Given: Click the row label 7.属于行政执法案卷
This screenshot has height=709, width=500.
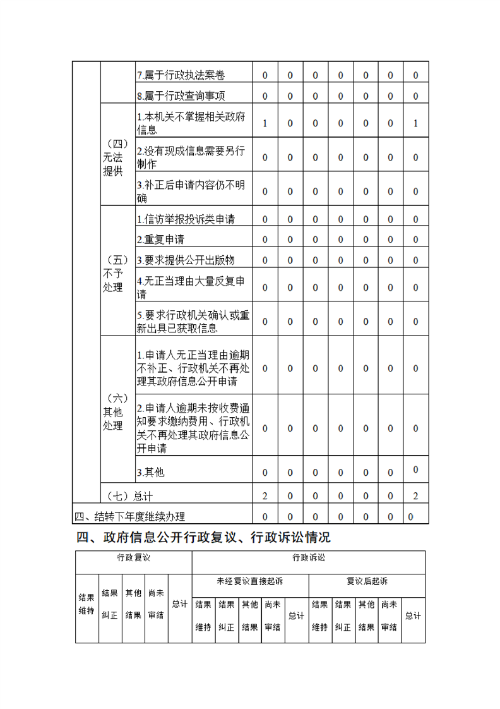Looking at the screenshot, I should [x=181, y=75].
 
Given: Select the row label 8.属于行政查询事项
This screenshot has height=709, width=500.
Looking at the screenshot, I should [x=181, y=96].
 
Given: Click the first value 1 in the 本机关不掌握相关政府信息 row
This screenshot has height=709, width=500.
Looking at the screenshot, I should [x=265, y=123].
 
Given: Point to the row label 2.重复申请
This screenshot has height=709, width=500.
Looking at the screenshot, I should [x=161, y=239].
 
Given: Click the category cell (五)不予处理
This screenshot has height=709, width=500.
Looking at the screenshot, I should [x=116, y=274].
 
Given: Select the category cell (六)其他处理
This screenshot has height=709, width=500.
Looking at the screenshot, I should [x=116, y=412].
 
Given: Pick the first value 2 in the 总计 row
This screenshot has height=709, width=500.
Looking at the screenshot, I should [x=265, y=496].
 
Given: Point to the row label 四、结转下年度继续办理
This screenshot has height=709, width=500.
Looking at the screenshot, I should [x=130, y=516].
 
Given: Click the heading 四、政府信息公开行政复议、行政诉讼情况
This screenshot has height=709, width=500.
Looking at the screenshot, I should [x=203, y=538].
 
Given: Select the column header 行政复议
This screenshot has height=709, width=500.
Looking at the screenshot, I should [x=133, y=558].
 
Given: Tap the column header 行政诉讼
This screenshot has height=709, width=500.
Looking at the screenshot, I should [x=308, y=558].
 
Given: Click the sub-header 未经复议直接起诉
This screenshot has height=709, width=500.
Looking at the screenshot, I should [x=250, y=581].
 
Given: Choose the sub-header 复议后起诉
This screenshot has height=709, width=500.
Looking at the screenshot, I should [x=367, y=581].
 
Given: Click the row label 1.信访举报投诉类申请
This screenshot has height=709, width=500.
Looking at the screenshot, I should [x=186, y=219].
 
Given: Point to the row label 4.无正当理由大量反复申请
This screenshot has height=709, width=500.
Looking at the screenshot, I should [x=191, y=287].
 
